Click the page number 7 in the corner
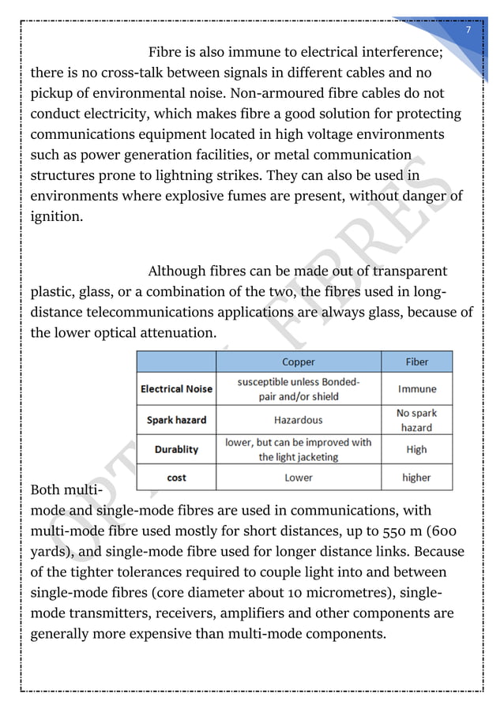point(468,29)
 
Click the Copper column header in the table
point(299,362)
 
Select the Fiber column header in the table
point(416,362)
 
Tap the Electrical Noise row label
point(177,389)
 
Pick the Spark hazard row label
point(177,420)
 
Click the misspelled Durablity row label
point(177,449)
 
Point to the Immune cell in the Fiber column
point(416,389)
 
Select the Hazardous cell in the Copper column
point(299,420)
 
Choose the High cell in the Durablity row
point(416,449)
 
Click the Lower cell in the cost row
point(299,478)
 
